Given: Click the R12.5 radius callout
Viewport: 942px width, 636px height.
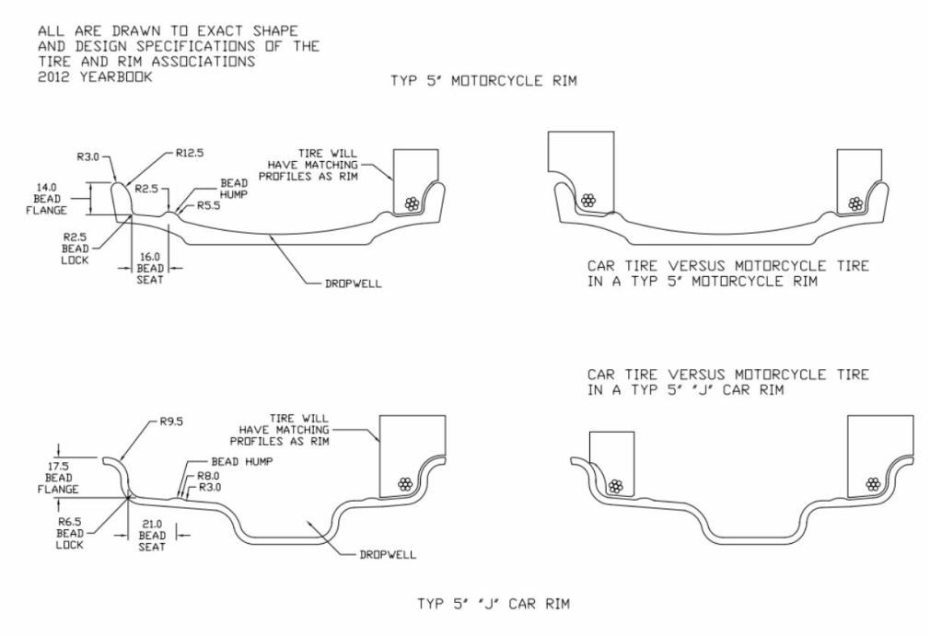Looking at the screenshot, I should pos(184,156).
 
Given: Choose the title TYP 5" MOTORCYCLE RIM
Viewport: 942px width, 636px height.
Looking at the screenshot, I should pos(484,82).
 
